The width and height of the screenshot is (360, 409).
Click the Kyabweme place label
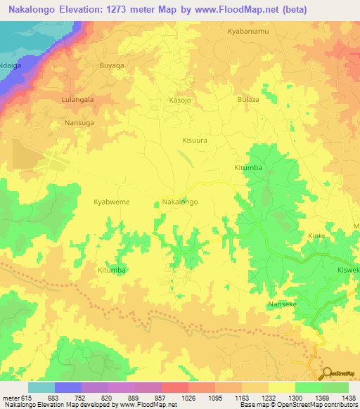pyautogui.click(x=112, y=202)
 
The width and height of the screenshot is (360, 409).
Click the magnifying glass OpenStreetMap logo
pyautogui.click(x=327, y=373)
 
